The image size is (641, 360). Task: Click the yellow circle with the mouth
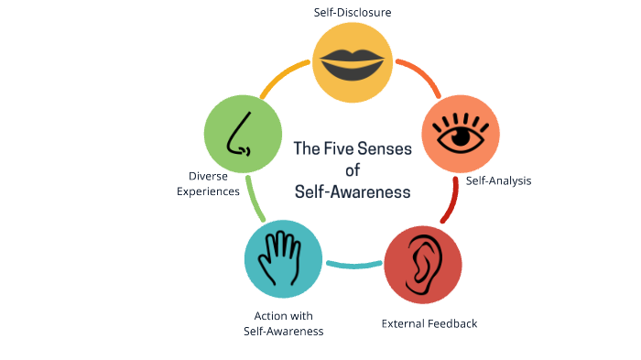tap(352, 60)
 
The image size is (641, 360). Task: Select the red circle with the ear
tap(421, 264)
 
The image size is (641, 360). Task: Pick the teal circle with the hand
tap(283, 256)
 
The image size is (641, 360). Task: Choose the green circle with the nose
tap(242, 135)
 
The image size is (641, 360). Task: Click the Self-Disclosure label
tap(352, 13)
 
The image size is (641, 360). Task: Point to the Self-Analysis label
tap(498, 180)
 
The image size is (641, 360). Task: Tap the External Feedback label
tap(429, 323)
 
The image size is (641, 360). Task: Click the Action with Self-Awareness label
tap(284, 323)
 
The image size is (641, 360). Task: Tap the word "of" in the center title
tap(353, 169)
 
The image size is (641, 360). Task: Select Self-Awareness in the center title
tap(353, 191)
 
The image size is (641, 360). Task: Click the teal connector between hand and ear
tap(353, 266)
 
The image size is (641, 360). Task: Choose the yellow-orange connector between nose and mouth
tap(285, 78)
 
